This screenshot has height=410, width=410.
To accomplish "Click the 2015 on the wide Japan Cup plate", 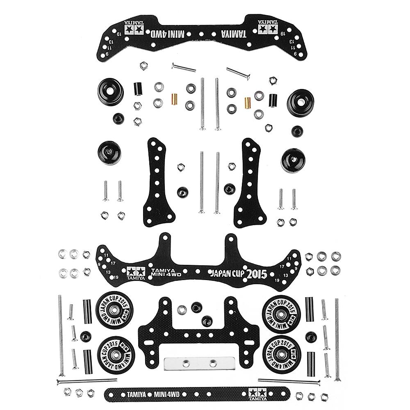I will (256, 273).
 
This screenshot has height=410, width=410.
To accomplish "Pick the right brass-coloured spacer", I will (247, 101).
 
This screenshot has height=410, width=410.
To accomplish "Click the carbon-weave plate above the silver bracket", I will (199, 328).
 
